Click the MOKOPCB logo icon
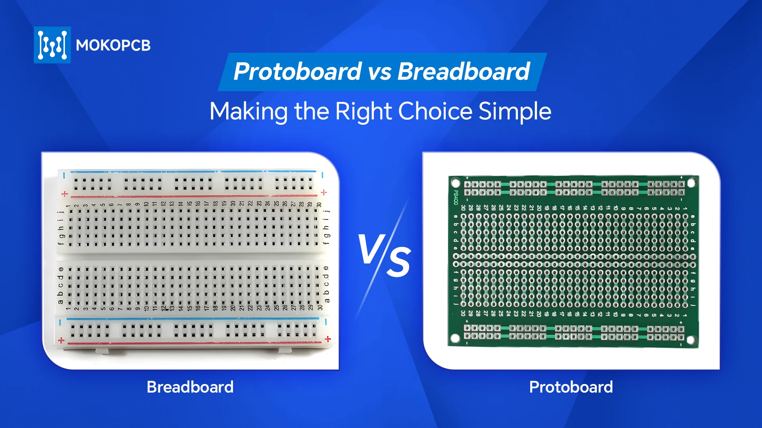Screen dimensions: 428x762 pos(52,45)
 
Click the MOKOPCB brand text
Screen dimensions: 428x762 pos(113,45)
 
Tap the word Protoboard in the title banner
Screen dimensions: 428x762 pos(297,71)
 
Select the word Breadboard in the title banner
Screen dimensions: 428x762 pos(463,71)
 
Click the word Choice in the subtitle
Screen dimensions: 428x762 pos(435,111)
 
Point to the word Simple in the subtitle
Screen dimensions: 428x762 pos(515,111)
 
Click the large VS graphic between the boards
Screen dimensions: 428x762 pos(384,256)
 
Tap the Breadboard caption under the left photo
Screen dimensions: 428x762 pos(190,387)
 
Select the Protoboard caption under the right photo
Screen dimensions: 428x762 pos(571,387)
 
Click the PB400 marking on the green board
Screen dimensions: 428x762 pos(456,197)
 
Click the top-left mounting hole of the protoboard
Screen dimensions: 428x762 pos(456,183)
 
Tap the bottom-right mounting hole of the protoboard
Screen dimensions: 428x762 pos(691,340)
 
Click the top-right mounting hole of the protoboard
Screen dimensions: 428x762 pos(691,183)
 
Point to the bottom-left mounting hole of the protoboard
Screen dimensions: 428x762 pos(455,338)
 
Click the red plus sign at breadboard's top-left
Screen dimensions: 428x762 pos(65,194)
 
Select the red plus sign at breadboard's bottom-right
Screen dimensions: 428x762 pos(328,339)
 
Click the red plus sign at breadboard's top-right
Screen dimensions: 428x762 pos(324,192)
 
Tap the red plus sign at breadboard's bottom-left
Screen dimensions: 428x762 pos(61,340)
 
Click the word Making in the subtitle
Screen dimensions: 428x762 pos(248,112)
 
